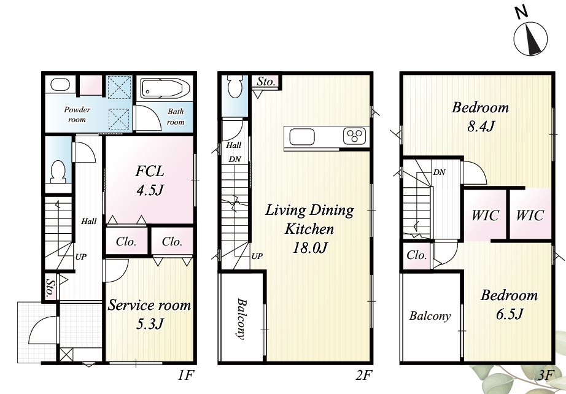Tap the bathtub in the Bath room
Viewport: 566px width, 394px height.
165,88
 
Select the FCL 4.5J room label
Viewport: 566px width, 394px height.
150,180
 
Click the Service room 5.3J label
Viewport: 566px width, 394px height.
149,314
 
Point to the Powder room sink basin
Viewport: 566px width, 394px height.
60,85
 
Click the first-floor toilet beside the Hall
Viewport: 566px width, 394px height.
58,172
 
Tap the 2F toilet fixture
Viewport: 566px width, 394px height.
235,87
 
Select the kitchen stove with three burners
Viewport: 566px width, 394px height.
354,136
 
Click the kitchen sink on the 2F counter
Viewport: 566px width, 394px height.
302,137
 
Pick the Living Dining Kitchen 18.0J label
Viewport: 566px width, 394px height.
310,229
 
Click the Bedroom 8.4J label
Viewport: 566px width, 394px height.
480,117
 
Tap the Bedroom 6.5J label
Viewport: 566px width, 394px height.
509,305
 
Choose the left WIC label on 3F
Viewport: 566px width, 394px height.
485,215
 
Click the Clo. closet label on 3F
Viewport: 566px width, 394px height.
417,255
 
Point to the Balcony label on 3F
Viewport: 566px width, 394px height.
430,316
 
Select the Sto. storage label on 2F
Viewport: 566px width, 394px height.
266,82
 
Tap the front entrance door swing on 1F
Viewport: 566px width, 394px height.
42,330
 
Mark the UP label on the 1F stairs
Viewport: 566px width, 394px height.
80,257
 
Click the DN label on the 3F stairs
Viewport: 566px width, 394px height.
440,172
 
